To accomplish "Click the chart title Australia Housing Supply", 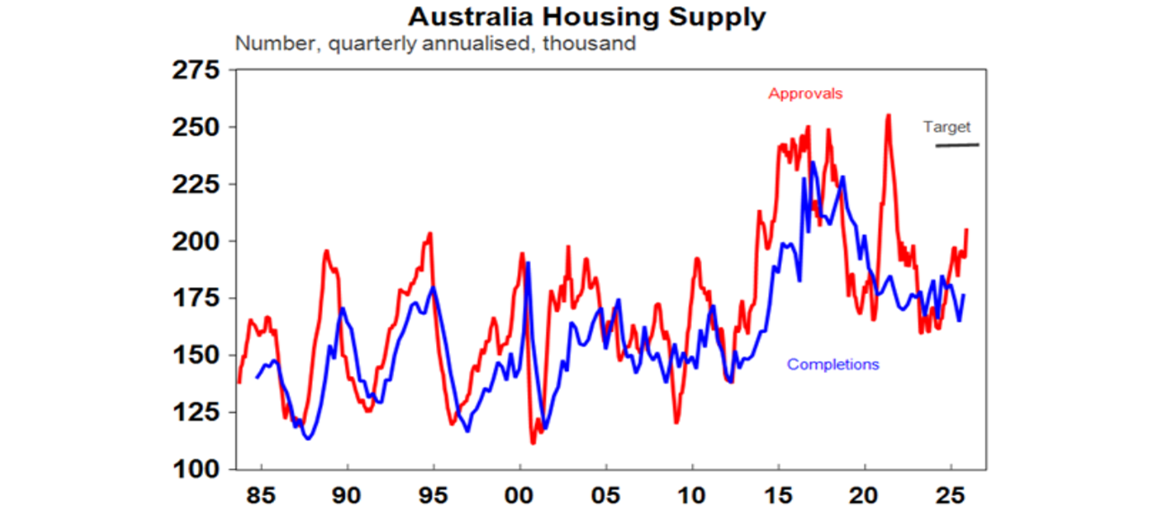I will click(x=586, y=17).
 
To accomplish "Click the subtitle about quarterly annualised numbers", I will click(x=435, y=43).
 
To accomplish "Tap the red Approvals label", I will click(x=805, y=94).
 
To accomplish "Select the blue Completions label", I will click(x=832, y=365).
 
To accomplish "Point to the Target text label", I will click(x=947, y=127).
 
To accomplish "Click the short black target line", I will click(x=957, y=144).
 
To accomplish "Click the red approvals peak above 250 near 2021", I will click(x=887, y=116).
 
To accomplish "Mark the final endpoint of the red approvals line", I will click(x=967, y=230).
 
